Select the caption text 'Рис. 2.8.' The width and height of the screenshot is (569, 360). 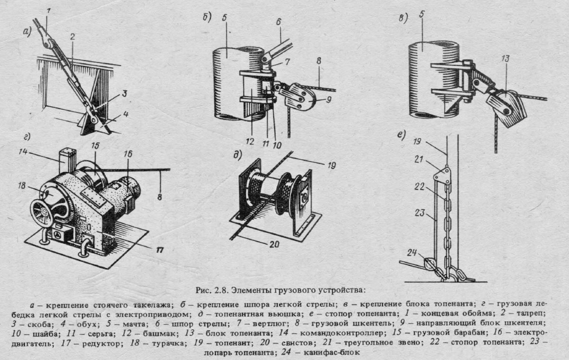tap(211, 288)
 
